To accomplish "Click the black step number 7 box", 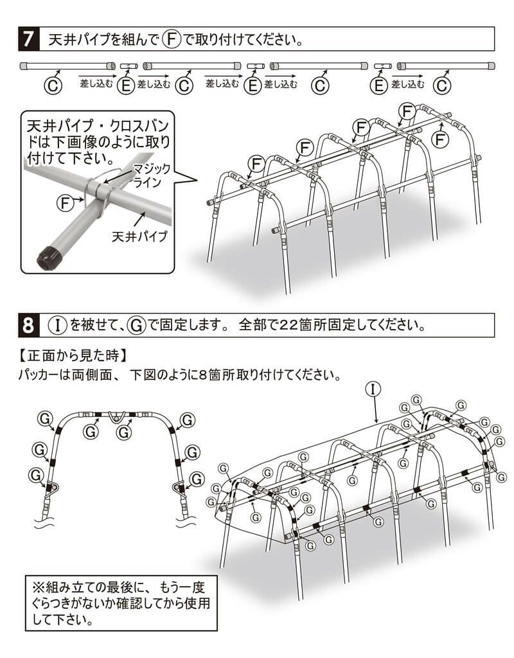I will tap(30, 39).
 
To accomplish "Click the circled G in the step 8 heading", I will tap(136, 325).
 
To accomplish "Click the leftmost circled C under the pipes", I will tap(54, 85).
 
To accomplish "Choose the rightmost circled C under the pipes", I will tap(441, 85).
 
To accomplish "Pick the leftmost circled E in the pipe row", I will tap(127, 85).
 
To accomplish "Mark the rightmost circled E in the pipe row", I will tap(380, 85).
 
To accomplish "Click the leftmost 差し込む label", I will tap(96, 83).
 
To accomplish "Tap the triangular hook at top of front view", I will tap(115, 416).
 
